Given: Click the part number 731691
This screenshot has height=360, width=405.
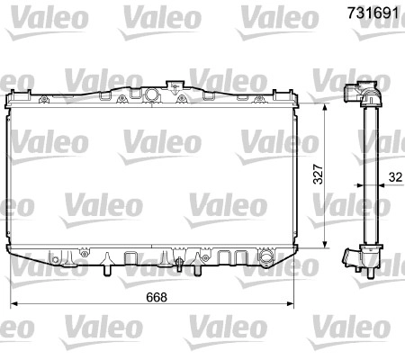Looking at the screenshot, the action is (373, 13).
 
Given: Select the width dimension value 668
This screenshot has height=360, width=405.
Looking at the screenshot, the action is (157, 297).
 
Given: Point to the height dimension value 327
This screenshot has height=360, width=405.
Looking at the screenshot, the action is (318, 174).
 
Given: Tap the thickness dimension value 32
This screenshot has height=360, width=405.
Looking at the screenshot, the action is (395, 177).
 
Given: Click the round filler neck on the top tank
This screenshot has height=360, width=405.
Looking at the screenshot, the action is (151, 94).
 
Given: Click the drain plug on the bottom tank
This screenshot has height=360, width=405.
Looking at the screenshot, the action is (179, 264).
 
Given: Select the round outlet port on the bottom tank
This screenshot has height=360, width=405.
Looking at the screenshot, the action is (265, 257).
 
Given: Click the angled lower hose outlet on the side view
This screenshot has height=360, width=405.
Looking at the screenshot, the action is (351, 257).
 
